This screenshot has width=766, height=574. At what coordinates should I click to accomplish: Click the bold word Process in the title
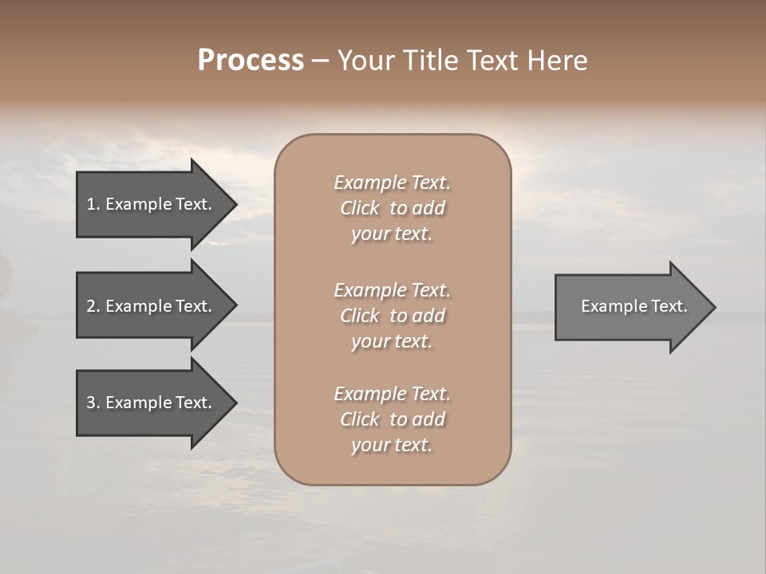tap(251, 61)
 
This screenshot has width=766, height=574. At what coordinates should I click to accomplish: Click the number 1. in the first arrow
tap(93, 204)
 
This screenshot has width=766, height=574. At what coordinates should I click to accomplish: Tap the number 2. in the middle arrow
tap(93, 306)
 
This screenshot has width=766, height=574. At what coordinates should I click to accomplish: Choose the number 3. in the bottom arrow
tap(93, 403)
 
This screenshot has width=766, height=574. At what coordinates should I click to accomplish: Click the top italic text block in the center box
tap(392, 208)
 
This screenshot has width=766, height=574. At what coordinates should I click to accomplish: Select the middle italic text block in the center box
tap(392, 316)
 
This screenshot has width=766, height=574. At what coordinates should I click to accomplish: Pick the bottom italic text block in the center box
tap(392, 419)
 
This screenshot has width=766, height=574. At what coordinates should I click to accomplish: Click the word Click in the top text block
tap(360, 208)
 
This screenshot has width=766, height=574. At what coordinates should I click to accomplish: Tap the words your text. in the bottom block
tap(392, 445)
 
